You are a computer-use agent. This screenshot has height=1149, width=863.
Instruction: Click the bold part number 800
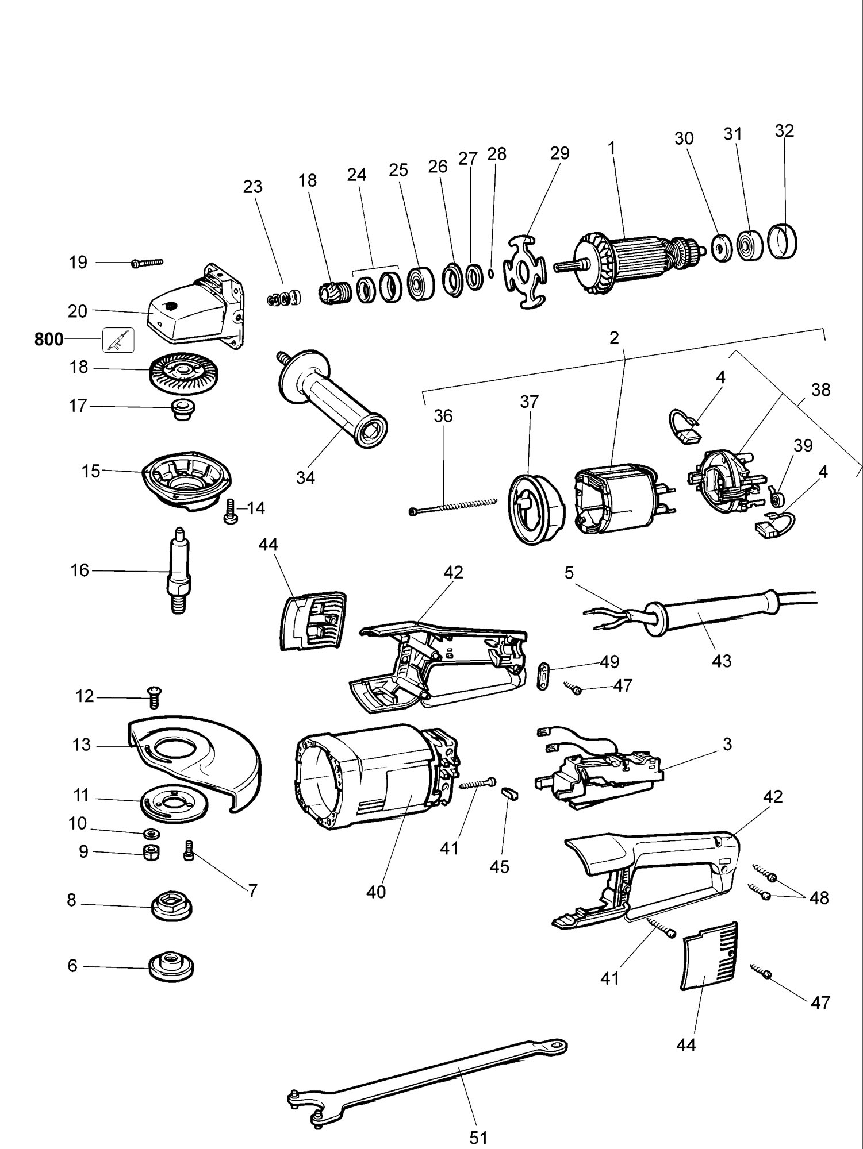pos(49,340)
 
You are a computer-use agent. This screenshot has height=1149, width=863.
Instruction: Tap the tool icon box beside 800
pos(118,340)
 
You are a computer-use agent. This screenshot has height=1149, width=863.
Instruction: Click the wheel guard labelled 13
pos(193,764)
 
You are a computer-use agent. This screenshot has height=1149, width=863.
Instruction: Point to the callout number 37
pos(529,402)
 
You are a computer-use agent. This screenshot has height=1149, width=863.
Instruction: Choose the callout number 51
pos(478,1137)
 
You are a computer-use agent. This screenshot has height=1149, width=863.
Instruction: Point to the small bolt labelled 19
pos(147,263)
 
